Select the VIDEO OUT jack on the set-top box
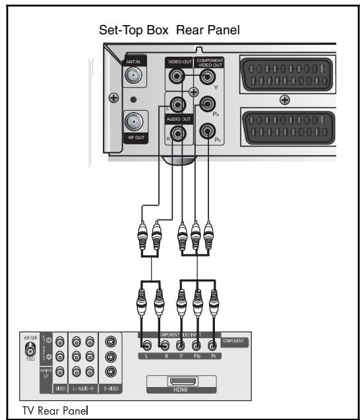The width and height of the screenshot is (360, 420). tap(176, 77)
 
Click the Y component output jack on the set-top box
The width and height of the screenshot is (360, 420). tap(208, 78)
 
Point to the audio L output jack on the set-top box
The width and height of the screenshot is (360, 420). tap(176, 104)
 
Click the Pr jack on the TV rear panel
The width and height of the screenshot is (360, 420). tap(212, 345)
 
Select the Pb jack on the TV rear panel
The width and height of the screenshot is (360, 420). tap(196, 345)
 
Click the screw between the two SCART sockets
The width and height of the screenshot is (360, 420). tap(285, 100)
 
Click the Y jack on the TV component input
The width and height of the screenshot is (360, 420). tap(179, 345)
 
